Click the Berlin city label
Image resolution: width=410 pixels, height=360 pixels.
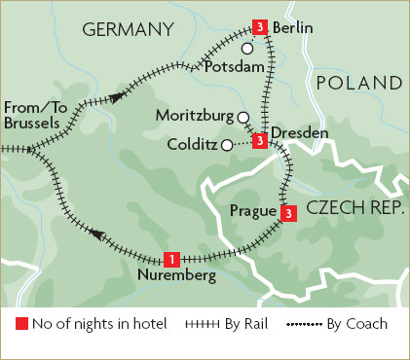(293, 28)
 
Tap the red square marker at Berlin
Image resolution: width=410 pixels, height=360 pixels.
(259, 26)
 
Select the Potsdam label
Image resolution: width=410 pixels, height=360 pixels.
(236, 68)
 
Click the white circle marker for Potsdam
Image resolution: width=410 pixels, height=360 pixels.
(247, 48)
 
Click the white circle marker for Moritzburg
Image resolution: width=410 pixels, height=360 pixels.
(242, 117)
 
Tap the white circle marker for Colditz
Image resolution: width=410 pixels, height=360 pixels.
(226, 146)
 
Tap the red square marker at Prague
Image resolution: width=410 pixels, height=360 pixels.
(286, 213)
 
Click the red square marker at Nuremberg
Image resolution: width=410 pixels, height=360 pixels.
(171, 259)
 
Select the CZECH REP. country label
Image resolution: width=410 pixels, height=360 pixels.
(352, 208)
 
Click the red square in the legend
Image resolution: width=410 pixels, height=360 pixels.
(20, 324)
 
